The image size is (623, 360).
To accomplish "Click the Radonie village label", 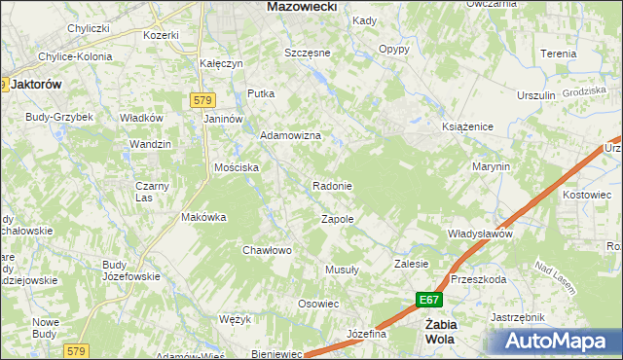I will pyautogui.click(x=332, y=186).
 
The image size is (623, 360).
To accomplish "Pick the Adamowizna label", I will pyautogui.click(x=289, y=136).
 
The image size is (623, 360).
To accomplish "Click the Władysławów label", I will pyautogui.click(x=480, y=234).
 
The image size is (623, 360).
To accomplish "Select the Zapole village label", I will pyautogui.click(x=337, y=220).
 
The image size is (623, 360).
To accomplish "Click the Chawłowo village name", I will pyautogui.click(x=267, y=250).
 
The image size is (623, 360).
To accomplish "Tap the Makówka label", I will pyautogui.click(x=203, y=218).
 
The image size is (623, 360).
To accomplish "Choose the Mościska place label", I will pyautogui.click(x=237, y=167).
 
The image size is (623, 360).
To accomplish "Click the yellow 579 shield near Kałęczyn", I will pyautogui.click(x=202, y=100).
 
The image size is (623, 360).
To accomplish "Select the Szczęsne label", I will pyautogui.click(x=308, y=53).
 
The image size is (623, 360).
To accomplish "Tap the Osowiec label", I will pyautogui.click(x=317, y=304).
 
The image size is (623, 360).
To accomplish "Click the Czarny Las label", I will pyautogui.click(x=152, y=192).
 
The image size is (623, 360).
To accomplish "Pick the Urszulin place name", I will pyautogui.click(x=535, y=95).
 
